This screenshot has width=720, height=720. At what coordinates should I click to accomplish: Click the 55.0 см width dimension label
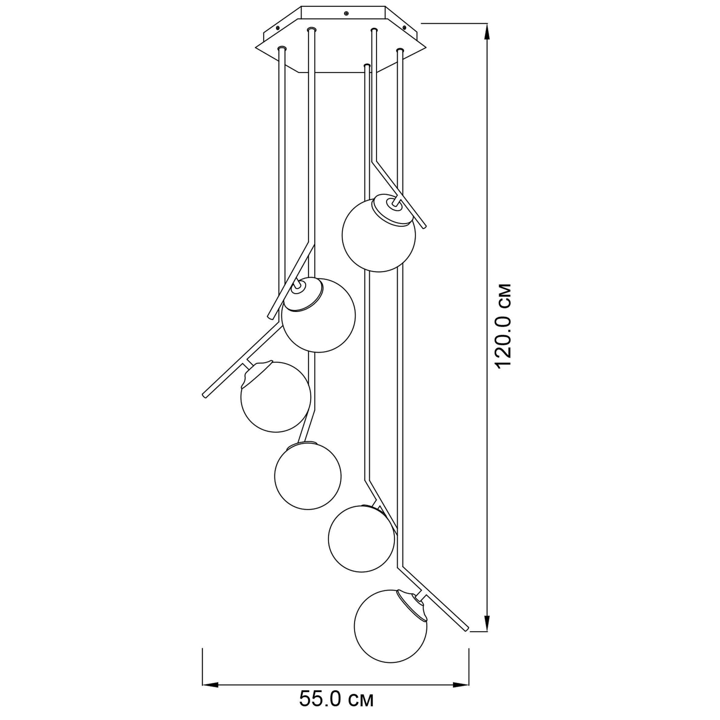coord(336,699)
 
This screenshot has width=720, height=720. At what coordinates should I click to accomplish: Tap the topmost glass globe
coord(378,235)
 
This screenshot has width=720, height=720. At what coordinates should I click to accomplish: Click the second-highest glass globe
coord(319,315)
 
